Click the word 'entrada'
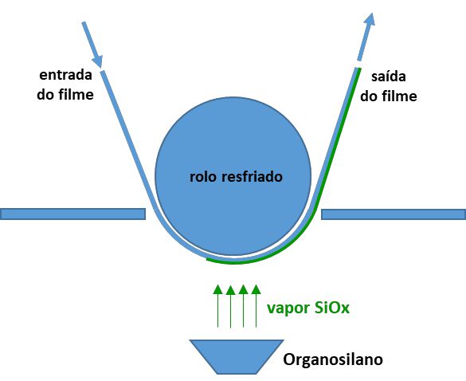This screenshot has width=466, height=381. tap(65, 75)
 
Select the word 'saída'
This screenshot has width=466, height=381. tap(389, 77)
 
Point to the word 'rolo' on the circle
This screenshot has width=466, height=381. tap(204, 177)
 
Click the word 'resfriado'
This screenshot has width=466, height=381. tap(252, 177)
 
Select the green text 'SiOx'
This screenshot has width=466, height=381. tap(331, 307)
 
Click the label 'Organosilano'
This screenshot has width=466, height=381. tap(333, 359)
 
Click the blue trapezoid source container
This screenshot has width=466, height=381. tap(237, 356)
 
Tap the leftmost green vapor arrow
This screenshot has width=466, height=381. tap(217, 306)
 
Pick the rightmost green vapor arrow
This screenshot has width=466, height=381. tap(256, 306)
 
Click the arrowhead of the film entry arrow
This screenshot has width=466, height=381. tap(98, 61)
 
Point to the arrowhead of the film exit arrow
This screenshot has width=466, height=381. tap(370, 19)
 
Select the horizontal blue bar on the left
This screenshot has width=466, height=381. tap(72, 214)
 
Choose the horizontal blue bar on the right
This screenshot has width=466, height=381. tap(394, 214)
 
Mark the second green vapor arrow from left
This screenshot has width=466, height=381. tap(231, 306)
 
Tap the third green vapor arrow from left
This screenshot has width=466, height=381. tap(244, 306)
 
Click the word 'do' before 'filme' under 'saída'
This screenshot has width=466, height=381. tap(369, 96)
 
